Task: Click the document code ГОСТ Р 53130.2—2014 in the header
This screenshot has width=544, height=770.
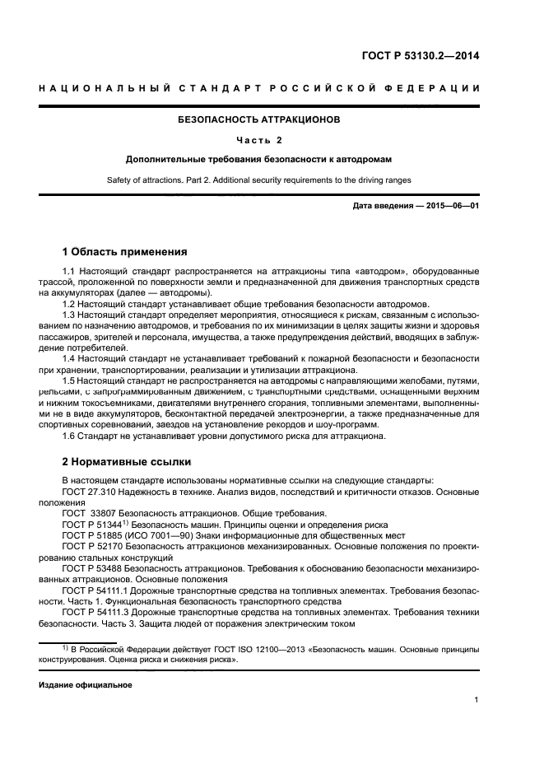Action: [x=420, y=57]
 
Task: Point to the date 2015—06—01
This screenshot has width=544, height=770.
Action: [x=452, y=206]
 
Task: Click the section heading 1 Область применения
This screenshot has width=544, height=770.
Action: [x=125, y=251]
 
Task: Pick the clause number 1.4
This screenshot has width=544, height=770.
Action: [x=69, y=358]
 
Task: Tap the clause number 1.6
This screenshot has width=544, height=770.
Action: [x=69, y=436]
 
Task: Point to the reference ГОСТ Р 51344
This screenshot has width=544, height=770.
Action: [x=92, y=524]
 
